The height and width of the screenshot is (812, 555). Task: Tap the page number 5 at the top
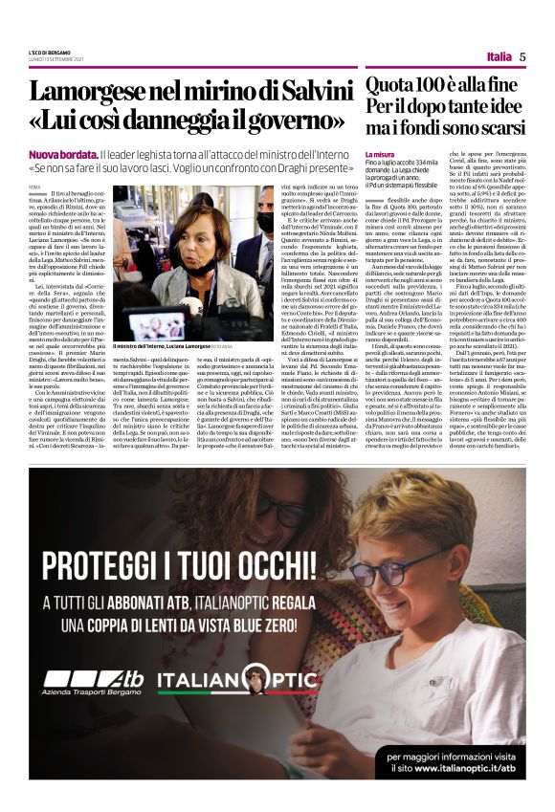pyautogui.click(x=522, y=55)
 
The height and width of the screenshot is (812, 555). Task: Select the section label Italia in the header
pyautogui.click(x=498, y=55)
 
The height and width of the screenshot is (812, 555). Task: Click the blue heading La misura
pyautogui.click(x=378, y=154)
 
